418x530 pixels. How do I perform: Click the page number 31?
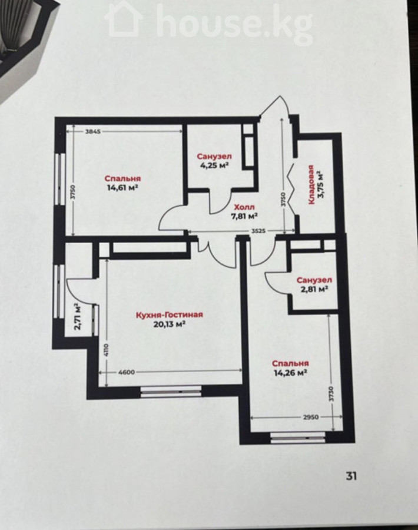pos(351,476)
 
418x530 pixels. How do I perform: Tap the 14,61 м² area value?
pos(122,188)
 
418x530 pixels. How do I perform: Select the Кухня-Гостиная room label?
pos(170,315)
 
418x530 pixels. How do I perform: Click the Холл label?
pos(245,207)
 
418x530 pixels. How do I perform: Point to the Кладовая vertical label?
pos(311,184)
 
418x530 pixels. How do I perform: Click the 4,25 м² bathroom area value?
pos(214,165)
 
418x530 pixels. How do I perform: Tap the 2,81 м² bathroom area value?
pos(314,289)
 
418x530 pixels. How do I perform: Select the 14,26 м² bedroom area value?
pos(290,373)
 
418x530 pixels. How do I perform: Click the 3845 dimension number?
pos(92,132)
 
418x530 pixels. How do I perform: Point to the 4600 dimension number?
pos(127,372)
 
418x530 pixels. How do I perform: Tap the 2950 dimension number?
pos(310,417)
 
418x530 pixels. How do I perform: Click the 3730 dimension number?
pos(331,394)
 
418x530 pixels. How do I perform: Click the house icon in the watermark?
pos(124,19)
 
